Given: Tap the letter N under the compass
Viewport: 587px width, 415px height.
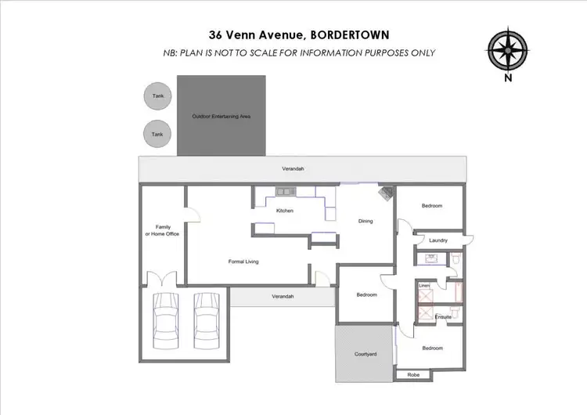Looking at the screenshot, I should pyautogui.click(x=508, y=78).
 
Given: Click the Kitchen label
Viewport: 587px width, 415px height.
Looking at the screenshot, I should pyautogui.click(x=285, y=211).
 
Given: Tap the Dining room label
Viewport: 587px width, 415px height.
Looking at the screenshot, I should pyautogui.click(x=366, y=221).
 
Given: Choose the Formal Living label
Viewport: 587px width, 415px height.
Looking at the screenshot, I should pyautogui.click(x=243, y=262).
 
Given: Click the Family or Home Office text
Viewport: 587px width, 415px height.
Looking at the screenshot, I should pyautogui.click(x=163, y=230).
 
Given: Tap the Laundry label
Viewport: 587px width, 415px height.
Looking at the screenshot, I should pyautogui.click(x=438, y=240).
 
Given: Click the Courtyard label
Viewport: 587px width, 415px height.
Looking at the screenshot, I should pyautogui.click(x=366, y=354).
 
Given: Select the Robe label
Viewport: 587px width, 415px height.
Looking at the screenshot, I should pyautogui.click(x=414, y=375).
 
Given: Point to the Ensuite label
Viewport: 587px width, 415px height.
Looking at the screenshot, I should pyautogui.click(x=443, y=316).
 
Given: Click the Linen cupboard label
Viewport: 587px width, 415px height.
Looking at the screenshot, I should pyautogui.click(x=424, y=286).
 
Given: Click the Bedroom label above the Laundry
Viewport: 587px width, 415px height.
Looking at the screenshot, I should pyautogui.click(x=432, y=206).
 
